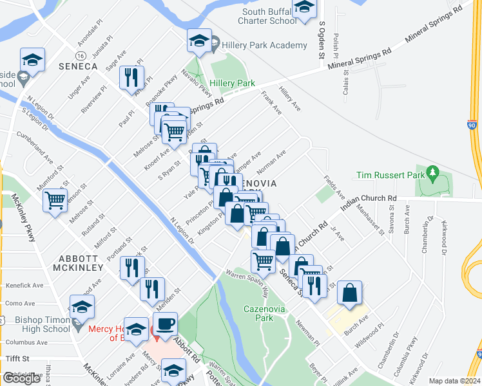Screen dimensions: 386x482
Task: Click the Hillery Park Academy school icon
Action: point(200,42)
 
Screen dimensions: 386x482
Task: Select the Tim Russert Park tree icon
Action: point(434,173)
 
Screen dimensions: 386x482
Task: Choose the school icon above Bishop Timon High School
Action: point(82,307)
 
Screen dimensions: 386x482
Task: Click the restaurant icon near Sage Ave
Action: point(132,78)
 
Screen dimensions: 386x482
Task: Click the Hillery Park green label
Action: point(233,84)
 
